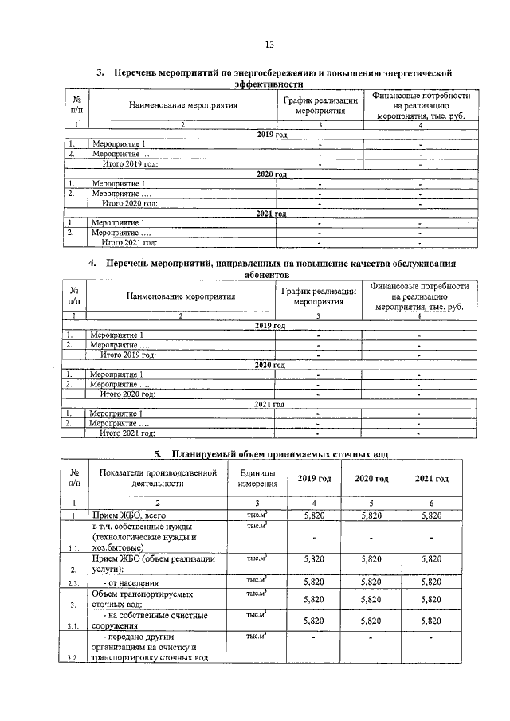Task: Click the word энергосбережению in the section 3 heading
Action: tap(286, 73)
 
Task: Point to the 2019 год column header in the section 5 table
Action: tap(314, 478)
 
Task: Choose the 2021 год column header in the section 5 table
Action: tap(431, 478)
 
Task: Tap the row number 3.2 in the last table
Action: tap(73, 659)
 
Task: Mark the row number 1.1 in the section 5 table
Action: tap(73, 548)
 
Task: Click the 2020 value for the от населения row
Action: tap(372, 582)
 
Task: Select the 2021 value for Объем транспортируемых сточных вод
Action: tap(431, 598)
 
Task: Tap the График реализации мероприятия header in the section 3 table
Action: tap(320, 106)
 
